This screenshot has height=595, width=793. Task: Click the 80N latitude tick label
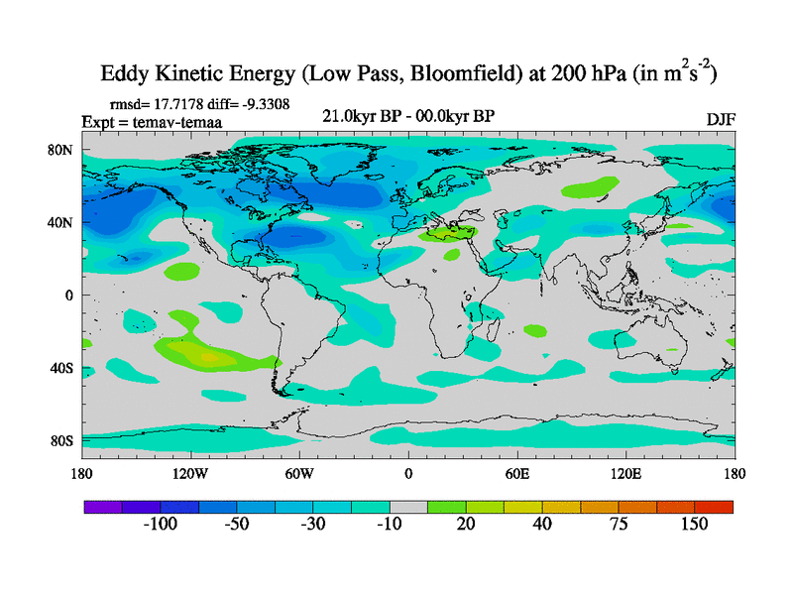point(60,150)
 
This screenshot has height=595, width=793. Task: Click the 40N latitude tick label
point(60,223)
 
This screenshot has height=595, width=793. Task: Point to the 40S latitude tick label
point(61,368)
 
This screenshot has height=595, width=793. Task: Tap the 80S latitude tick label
point(61,440)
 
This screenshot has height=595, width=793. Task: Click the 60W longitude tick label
point(299,473)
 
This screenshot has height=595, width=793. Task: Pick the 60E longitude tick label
point(517,473)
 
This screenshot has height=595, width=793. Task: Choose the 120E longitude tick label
point(626,473)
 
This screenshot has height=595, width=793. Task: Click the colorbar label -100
point(160,525)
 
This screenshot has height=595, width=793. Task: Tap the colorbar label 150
point(694,525)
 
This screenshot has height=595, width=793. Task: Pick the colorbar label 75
point(619,525)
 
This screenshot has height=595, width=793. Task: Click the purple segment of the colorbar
point(103,507)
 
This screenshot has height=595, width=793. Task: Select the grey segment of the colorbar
point(407,507)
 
